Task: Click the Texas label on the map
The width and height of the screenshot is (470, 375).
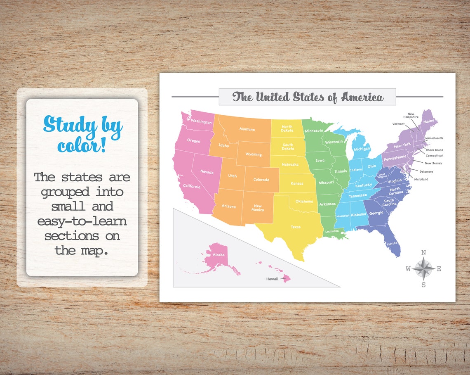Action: click(x=296, y=227)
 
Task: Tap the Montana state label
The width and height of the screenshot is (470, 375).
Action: click(x=247, y=129)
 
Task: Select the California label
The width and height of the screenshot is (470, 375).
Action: click(x=192, y=186)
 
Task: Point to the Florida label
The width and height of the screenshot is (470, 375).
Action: click(x=392, y=244)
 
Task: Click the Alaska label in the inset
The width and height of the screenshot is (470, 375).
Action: click(x=219, y=255)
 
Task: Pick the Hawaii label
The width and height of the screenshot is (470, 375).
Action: click(x=272, y=279)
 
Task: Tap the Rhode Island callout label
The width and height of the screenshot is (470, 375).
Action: click(x=434, y=150)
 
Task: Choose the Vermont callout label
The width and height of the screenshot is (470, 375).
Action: click(x=398, y=124)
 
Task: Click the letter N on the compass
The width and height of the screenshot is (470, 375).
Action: click(x=423, y=253)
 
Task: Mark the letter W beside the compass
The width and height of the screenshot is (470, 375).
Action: click(x=408, y=269)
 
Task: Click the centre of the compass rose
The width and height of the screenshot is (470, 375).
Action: click(x=423, y=269)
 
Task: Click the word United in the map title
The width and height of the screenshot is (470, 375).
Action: click(x=273, y=97)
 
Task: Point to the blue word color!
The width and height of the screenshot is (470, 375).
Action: click(x=82, y=146)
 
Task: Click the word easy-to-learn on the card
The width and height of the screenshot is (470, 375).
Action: click(x=82, y=221)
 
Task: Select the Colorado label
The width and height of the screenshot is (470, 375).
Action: click(x=261, y=180)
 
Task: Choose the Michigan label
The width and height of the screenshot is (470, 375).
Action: click(x=362, y=149)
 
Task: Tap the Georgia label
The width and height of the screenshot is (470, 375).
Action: click(x=376, y=213)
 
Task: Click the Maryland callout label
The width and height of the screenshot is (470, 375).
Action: click(x=421, y=179)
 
